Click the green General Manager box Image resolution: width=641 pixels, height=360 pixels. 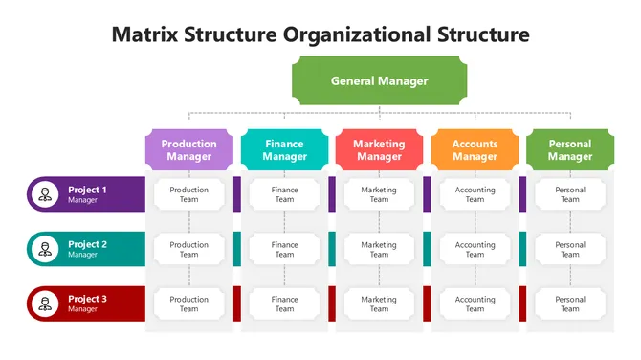tap(380, 81)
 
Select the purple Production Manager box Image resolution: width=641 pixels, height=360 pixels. tap(189, 150)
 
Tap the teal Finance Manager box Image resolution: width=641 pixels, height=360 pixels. tap(284, 150)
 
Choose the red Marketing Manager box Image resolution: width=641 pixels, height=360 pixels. tap(380, 150)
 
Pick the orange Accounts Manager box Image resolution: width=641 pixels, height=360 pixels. tap(475, 150)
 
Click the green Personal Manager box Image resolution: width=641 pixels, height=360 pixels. tap(570, 150)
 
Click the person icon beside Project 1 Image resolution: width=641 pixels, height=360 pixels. tap(44, 195)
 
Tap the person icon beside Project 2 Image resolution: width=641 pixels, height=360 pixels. tap(44, 250)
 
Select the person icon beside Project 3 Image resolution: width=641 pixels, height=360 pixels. tap(44, 304)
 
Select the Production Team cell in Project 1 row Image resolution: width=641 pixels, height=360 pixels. tap(189, 195)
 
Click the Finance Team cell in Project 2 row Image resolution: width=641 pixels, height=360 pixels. tap(284, 250)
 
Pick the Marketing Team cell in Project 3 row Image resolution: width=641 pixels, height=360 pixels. tap(380, 304)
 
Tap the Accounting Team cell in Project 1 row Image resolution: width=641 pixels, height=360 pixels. tap(475, 195)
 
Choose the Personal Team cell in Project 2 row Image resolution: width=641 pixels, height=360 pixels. tap(570, 250)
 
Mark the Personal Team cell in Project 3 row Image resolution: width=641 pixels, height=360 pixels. tap(570, 304)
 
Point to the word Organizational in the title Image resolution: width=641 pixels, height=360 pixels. tap(356, 35)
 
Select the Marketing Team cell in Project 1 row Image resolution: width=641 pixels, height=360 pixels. tap(380, 195)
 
